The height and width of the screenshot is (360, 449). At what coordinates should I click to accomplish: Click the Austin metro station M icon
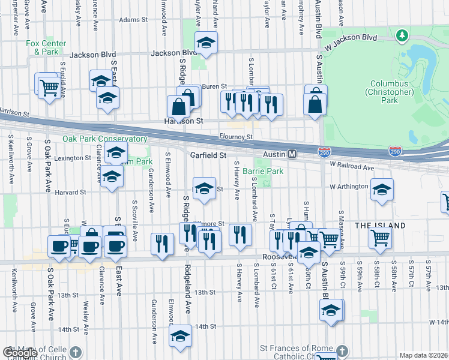292,154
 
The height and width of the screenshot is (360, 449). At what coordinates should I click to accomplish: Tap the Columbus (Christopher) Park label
389,92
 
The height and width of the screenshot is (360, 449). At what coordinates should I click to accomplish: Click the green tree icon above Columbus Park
402,37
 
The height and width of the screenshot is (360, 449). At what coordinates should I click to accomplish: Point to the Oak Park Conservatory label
105,139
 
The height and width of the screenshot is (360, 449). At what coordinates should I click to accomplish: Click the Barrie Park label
262,171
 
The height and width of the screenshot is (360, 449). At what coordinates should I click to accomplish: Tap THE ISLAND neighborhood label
380,226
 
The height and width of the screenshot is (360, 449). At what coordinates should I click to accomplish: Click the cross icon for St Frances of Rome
341,350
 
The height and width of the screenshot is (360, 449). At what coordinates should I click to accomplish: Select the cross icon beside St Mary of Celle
75,352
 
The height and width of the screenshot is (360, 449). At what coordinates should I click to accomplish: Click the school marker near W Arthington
382,190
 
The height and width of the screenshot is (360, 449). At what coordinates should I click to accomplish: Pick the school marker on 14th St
180,337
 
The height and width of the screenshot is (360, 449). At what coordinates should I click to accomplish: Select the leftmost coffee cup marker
59,246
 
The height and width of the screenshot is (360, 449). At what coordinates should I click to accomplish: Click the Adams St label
133,20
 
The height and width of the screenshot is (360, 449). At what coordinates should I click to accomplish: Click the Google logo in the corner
20,353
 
